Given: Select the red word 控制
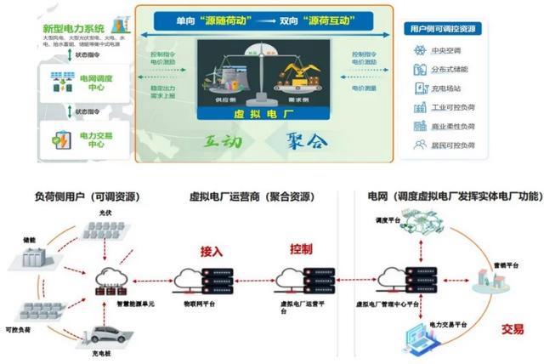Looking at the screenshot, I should coord(301,250).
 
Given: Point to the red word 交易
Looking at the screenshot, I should coord(512,328).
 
